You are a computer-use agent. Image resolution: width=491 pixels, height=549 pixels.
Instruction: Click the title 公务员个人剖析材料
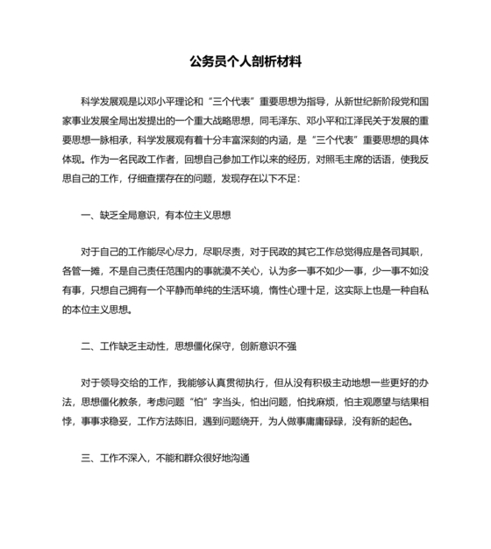(x=245, y=61)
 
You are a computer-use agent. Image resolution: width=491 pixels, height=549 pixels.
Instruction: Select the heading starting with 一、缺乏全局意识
(x=155, y=214)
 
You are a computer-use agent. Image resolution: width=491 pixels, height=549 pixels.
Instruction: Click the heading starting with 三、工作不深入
(x=167, y=459)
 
